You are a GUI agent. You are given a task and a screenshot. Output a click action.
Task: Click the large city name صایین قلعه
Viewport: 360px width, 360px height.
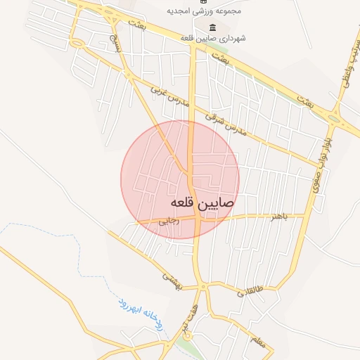coord(202,202)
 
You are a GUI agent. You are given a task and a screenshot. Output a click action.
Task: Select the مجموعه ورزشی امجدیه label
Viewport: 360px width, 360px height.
coord(203,12)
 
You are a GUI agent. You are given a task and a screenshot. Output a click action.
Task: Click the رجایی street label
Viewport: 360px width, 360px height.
coord(170,220)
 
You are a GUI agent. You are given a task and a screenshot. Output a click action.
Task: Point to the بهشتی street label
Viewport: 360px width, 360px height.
coord(172,278)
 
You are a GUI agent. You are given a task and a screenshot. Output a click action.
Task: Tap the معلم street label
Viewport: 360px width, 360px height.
coord(256,342)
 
